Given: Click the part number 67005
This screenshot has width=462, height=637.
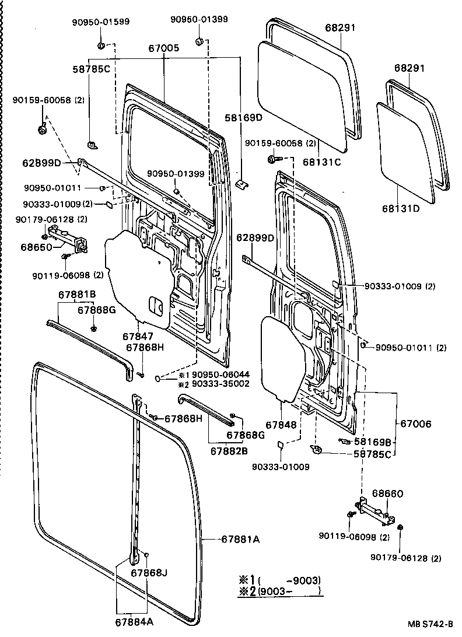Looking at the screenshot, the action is (x=163, y=48).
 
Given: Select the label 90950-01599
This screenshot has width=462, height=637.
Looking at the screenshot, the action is (x=101, y=22).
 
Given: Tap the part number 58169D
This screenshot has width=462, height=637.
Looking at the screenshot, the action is (x=244, y=118).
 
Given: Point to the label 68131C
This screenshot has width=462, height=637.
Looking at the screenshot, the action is (x=322, y=162).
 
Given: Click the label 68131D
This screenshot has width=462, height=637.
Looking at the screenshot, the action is (x=401, y=209).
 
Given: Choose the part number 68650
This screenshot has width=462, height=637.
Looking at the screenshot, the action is (x=37, y=247).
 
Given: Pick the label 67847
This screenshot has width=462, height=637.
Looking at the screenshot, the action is (x=138, y=337).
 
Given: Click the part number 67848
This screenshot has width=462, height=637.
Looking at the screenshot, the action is (x=281, y=425).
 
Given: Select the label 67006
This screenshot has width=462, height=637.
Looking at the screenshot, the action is (x=416, y=423).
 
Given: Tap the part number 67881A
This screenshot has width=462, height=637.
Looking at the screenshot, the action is (x=240, y=540).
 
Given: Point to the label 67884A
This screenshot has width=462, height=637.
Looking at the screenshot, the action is (x=134, y=622).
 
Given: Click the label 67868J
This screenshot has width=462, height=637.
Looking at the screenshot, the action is (x=149, y=573).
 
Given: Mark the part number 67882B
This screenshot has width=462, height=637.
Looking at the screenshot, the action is (x=229, y=451).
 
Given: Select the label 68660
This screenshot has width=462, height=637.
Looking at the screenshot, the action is (x=388, y=494).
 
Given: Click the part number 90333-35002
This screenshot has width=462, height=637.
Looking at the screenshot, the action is (x=220, y=384).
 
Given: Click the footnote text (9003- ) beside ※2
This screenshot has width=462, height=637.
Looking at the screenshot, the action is (x=290, y=590).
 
